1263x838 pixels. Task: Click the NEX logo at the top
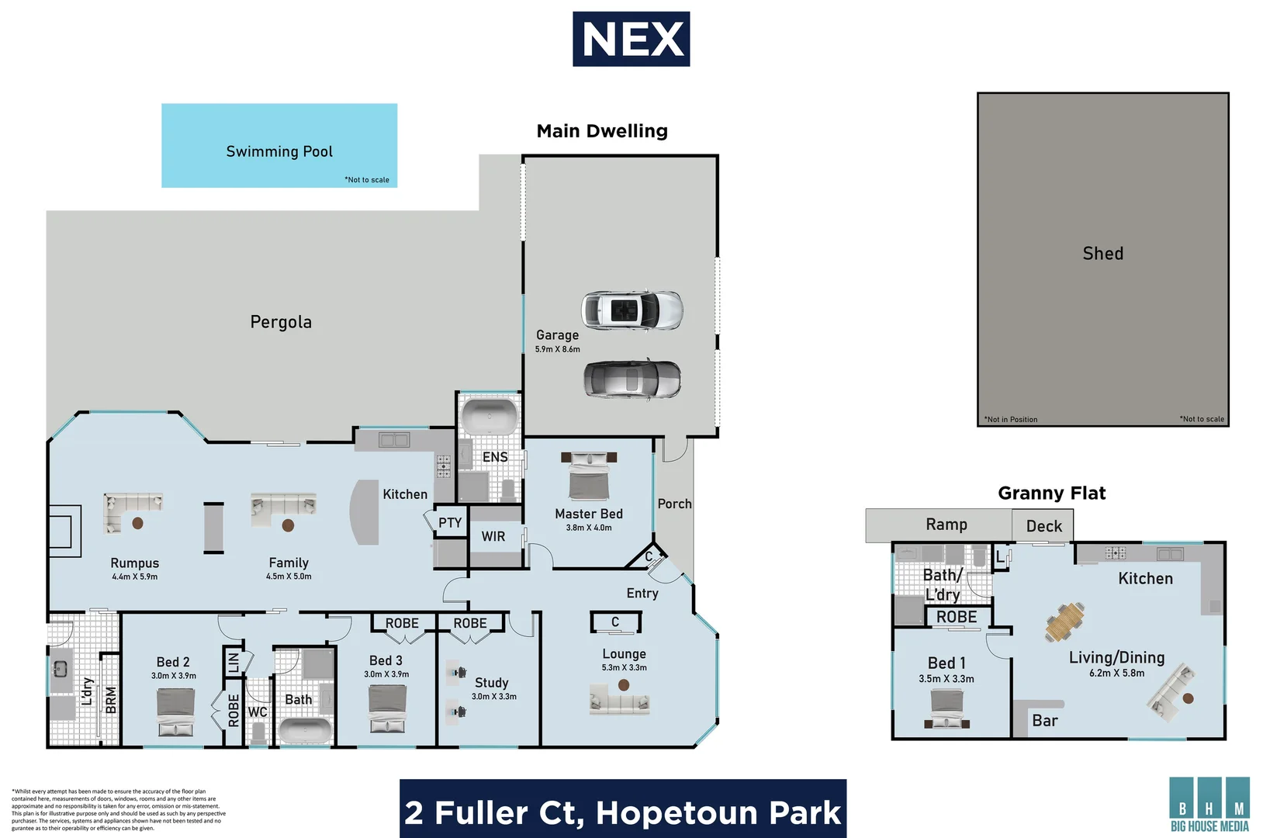point(631,39)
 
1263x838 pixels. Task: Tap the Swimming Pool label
point(279,151)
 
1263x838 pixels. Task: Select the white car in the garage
point(632,310)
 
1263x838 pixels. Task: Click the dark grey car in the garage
point(632,379)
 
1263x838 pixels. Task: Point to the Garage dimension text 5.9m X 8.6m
point(557,349)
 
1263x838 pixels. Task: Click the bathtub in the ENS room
point(489,417)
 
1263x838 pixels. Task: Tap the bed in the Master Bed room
point(589,476)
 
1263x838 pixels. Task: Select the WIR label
point(493,536)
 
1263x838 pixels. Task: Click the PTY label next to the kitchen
point(449,522)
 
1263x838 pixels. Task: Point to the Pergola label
point(281,322)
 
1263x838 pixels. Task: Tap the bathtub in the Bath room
point(305,731)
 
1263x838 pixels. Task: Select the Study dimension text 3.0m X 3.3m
point(493,696)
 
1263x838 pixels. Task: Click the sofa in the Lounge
point(619,701)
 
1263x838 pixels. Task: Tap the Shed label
point(1102,254)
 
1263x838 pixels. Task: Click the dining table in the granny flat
point(1064,621)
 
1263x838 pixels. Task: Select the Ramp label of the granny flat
point(946,525)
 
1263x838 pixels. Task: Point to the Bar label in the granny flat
point(1044,721)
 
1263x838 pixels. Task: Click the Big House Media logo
point(1209,805)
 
